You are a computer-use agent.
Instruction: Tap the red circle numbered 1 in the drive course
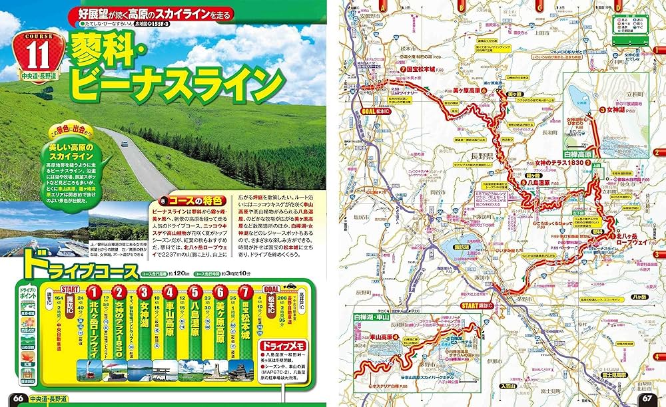tap(95, 292)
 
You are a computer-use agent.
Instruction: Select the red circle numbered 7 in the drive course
tap(245, 292)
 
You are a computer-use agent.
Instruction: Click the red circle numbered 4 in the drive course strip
tap(170, 292)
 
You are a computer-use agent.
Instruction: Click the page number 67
tap(651, 398)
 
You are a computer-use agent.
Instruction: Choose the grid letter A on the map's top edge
tap(384, 5)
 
